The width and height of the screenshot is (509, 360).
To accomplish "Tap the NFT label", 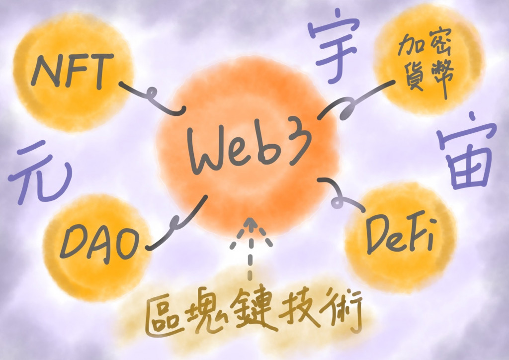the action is [x=70, y=72].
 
